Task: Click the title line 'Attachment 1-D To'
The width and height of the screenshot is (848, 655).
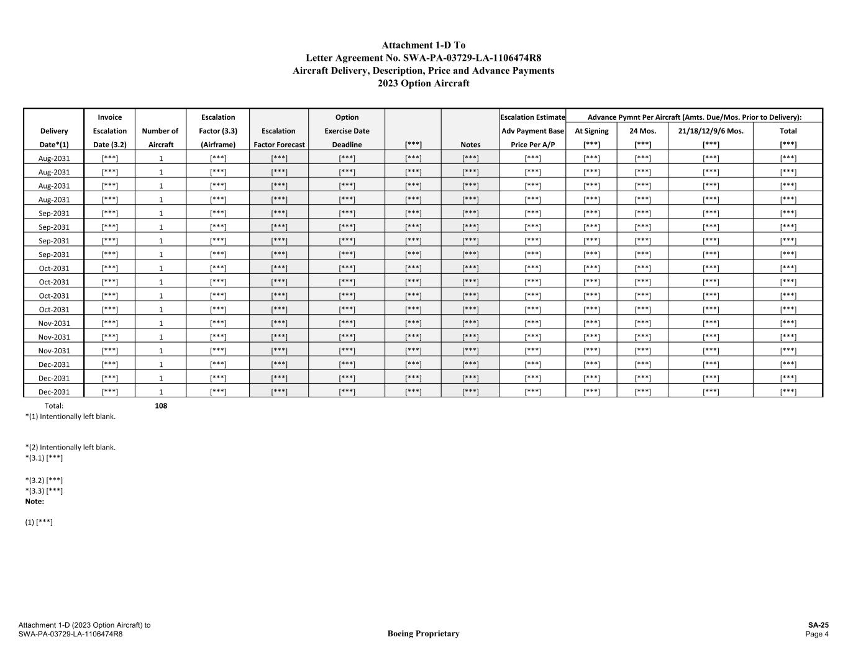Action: click(x=423, y=45)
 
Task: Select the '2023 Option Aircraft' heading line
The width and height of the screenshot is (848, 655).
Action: click(x=423, y=83)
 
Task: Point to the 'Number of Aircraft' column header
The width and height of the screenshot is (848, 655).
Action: click(x=160, y=137)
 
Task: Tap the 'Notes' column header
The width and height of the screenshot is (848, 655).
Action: click(x=470, y=145)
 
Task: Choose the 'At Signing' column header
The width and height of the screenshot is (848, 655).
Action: click(x=591, y=131)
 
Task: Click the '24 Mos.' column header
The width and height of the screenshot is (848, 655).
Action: click(x=642, y=131)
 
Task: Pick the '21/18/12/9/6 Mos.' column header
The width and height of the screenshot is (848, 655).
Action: click(x=711, y=131)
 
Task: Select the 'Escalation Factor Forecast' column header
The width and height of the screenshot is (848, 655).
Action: click(x=279, y=138)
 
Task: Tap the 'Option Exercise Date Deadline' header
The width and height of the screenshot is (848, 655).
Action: click(x=347, y=131)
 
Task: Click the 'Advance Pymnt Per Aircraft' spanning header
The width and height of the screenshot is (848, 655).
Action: click(x=694, y=117)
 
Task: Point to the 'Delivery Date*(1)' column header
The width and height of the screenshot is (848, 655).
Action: click(x=54, y=138)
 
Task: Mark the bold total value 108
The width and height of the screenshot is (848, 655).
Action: click(x=161, y=406)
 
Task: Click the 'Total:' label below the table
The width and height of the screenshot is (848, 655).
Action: click(x=54, y=406)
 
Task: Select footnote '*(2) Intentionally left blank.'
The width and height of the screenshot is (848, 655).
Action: click(x=70, y=447)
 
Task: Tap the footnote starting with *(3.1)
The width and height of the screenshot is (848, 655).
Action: click(x=44, y=458)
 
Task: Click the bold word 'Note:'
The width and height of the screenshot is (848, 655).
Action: click(x=35, y=501)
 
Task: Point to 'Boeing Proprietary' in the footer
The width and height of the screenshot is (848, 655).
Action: click(x=423, y=634)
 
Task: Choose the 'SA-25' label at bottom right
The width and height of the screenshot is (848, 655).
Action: click(x=818, y=625)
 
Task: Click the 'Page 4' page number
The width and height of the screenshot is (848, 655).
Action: click(x=817, y=634)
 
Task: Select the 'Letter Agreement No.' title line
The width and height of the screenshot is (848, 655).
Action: click(x=423, y=58)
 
